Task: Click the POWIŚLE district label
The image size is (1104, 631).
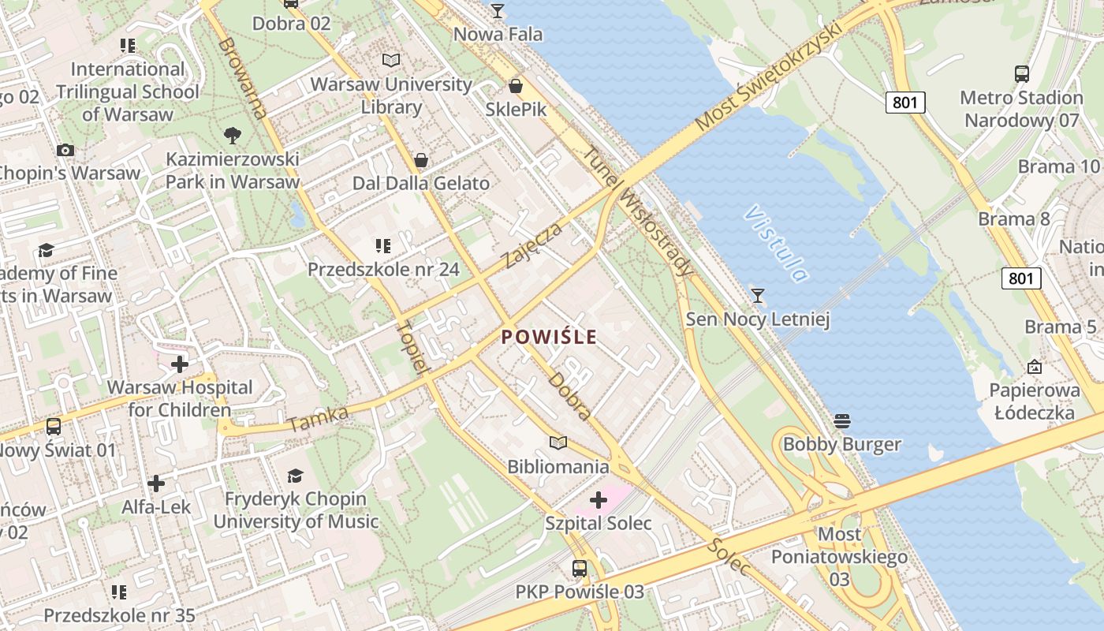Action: click(x=549, y=337)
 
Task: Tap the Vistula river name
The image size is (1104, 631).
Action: click(x=776, y=243)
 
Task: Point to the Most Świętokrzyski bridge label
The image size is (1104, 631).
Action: click(x=769, y=77)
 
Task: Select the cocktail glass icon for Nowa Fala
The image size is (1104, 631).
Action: click(x=498, y=11)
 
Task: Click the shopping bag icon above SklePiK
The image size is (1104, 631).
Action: click(x=516, y=85)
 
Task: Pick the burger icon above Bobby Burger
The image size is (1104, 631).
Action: click(x=841, y=420)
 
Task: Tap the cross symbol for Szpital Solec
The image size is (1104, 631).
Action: click(x=599, y=499)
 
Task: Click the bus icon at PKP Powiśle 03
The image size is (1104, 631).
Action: click(x=580, y=568)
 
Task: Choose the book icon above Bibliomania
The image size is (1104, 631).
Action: click(x=558, y=443)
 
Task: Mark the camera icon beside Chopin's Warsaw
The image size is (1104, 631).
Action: click(x=65, y=150)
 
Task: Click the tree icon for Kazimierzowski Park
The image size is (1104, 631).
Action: click(x=233, y=136)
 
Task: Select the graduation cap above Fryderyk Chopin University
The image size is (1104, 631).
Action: click(x=295, y=475)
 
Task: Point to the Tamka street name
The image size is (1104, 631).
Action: click(x=318, y=419)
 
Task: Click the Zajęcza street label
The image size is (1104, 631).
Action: click(x=533, y=245)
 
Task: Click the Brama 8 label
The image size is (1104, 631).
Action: click(x=1014, y=218)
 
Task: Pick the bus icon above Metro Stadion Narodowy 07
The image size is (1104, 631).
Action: click(x=1022, y=74)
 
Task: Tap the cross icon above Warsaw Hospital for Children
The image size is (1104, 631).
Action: click(x=180, y=364)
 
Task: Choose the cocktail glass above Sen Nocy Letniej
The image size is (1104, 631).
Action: click(x=758, y=296)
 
